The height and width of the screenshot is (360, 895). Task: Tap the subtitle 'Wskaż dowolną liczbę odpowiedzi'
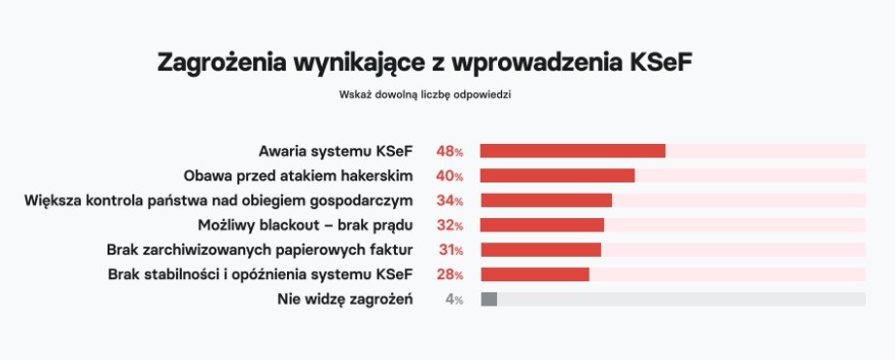425,95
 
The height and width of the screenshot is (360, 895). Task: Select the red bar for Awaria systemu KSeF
572,151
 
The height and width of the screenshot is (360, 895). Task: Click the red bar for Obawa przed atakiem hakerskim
556,175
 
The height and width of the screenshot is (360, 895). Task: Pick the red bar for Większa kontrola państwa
546,200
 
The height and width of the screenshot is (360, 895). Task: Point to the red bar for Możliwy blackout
542,225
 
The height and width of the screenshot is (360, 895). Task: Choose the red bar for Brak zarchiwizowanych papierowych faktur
540,250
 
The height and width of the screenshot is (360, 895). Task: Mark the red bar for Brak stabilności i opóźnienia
534,274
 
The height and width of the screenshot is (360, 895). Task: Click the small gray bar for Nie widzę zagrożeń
488,299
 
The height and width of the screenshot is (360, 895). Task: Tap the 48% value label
449,152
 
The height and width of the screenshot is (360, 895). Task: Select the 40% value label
449,176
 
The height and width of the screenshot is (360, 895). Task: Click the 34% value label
449,200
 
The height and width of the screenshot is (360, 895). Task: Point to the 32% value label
449,225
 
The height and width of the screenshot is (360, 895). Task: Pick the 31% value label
449,250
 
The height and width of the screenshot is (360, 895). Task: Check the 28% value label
449,274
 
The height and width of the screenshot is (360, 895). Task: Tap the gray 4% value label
453,300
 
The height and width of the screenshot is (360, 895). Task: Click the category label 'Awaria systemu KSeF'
336,152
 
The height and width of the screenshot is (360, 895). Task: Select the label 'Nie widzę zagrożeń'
345,300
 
